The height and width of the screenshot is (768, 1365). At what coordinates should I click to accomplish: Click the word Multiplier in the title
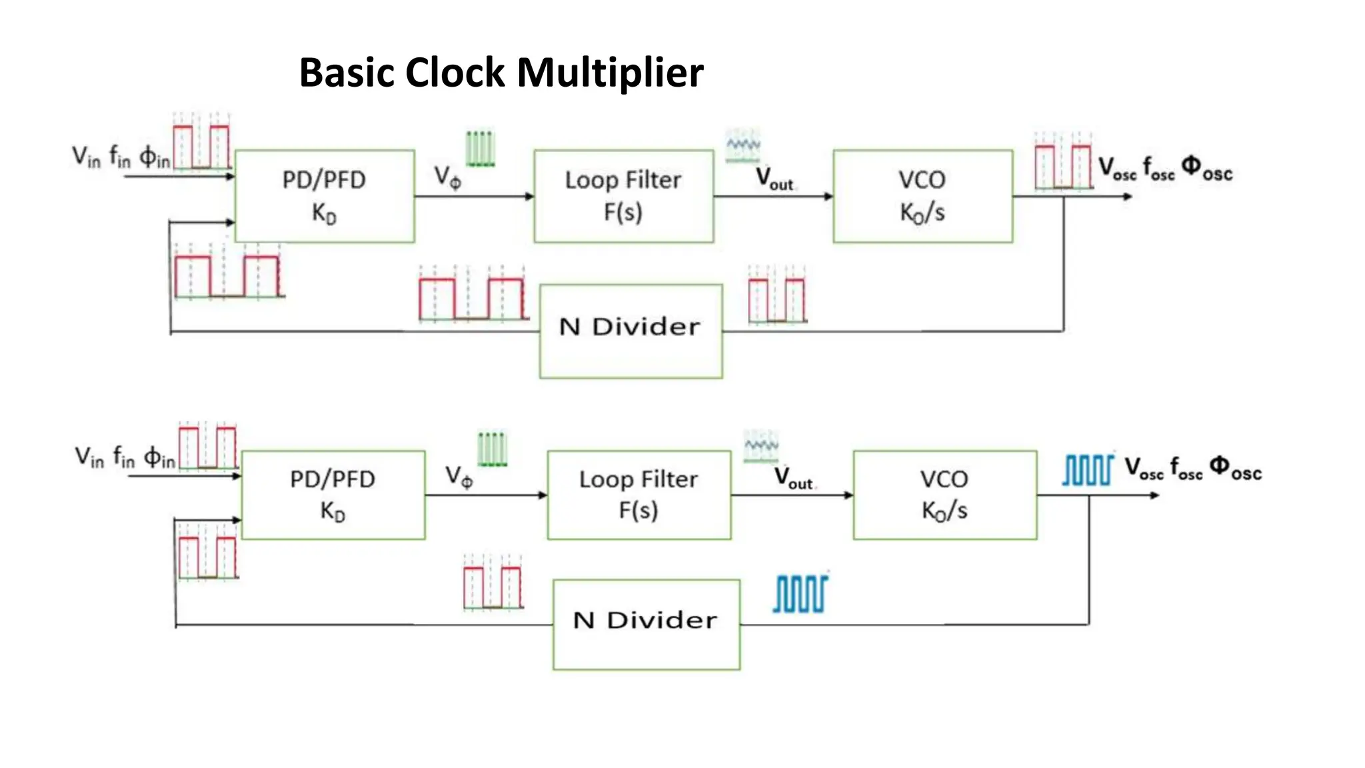click(610, 72)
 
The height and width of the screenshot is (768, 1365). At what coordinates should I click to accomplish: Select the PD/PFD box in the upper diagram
click(325, 196)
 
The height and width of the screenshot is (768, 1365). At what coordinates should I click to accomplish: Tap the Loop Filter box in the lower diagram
click(639, 495)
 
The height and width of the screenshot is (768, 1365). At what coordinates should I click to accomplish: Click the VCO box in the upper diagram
click(922, 196)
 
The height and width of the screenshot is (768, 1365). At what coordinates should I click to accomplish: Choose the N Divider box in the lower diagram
click(646, 624)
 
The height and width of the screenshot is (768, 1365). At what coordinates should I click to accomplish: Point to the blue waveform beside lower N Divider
click(800, 593)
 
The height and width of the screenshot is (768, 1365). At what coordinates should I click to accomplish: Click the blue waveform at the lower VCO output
click(1087, 470)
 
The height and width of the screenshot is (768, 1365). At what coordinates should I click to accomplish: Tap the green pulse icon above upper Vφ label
click(480, 148)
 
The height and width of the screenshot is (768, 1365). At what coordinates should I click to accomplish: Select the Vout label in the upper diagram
click(774, 179)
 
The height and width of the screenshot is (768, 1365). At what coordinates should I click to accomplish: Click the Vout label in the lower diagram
click(793, 478)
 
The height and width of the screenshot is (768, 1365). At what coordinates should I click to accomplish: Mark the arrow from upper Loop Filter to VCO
click(773, 196)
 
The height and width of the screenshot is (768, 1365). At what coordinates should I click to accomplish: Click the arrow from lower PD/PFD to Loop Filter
click(486, 495)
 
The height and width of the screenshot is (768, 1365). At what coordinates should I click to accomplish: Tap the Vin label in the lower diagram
click(89, 457)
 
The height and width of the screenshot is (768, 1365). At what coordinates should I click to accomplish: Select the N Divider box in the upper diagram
click(631, 331)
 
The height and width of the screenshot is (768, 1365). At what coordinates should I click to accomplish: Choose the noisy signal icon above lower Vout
click(760, 446)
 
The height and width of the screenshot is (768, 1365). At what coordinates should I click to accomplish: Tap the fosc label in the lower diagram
click(1186, 468)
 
